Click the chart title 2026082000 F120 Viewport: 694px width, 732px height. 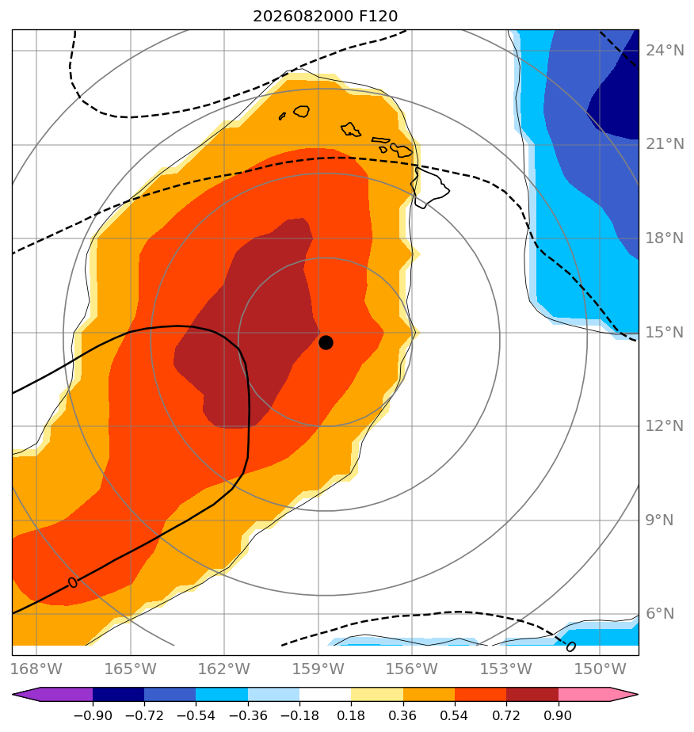point(326,17)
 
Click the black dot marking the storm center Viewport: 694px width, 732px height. point(326,343)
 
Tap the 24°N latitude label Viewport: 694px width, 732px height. point(665,51)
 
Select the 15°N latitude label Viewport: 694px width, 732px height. point(665,333)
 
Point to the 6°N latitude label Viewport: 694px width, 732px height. point(660,613)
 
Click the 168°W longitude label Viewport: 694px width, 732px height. point(36,669)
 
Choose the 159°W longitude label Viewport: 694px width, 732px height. point(318,669)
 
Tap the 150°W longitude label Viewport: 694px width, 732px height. point(600,669)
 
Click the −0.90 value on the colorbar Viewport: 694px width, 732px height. point(93,715)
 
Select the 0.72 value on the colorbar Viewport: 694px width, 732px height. point(506,715)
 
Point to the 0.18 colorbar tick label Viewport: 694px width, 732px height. point(351,715)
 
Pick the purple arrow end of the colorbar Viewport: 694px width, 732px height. point(52,695)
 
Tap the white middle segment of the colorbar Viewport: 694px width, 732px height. point(326,695)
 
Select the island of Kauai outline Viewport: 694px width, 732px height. point(302,112)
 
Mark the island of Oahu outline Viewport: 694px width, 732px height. point(350,129)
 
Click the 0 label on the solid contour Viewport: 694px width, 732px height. point(72,582)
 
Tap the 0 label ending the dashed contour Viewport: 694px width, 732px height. point(570,647)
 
